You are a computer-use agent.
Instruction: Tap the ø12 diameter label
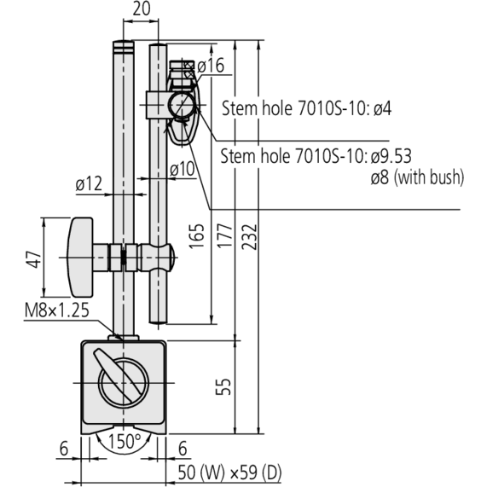coord(89,182)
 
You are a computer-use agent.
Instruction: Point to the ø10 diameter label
coord(182,169)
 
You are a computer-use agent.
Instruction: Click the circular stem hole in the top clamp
coord(182,106)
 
